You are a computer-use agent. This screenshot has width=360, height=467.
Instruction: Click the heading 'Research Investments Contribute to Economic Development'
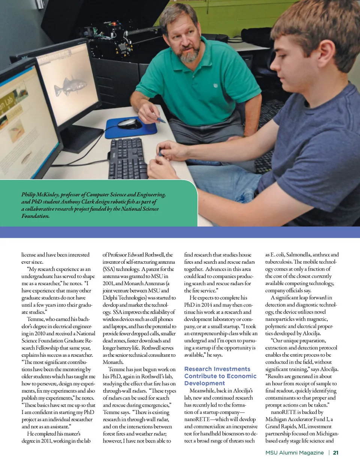(x=220, y=376)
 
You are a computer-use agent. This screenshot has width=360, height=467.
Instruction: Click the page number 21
(x=336, y=453)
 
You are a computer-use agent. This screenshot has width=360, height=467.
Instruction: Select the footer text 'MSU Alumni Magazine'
(x=294, y=453)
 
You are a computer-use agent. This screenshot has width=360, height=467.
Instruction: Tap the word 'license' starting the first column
(x=28, y=255)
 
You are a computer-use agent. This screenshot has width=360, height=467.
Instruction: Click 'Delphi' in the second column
(x=111, y=298)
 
